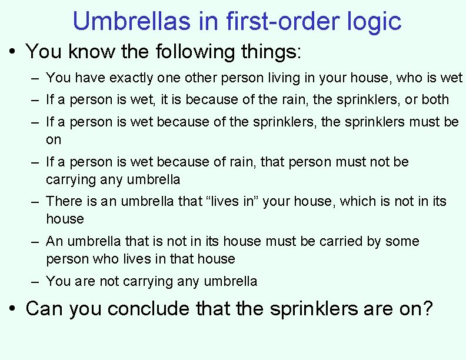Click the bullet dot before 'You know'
click(x=13, y=52)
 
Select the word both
click(x=435, y=99)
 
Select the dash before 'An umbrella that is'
click(x=35, y=242)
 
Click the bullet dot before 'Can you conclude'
click(x=13, y=308)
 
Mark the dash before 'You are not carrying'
click(x=35, y=282)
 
